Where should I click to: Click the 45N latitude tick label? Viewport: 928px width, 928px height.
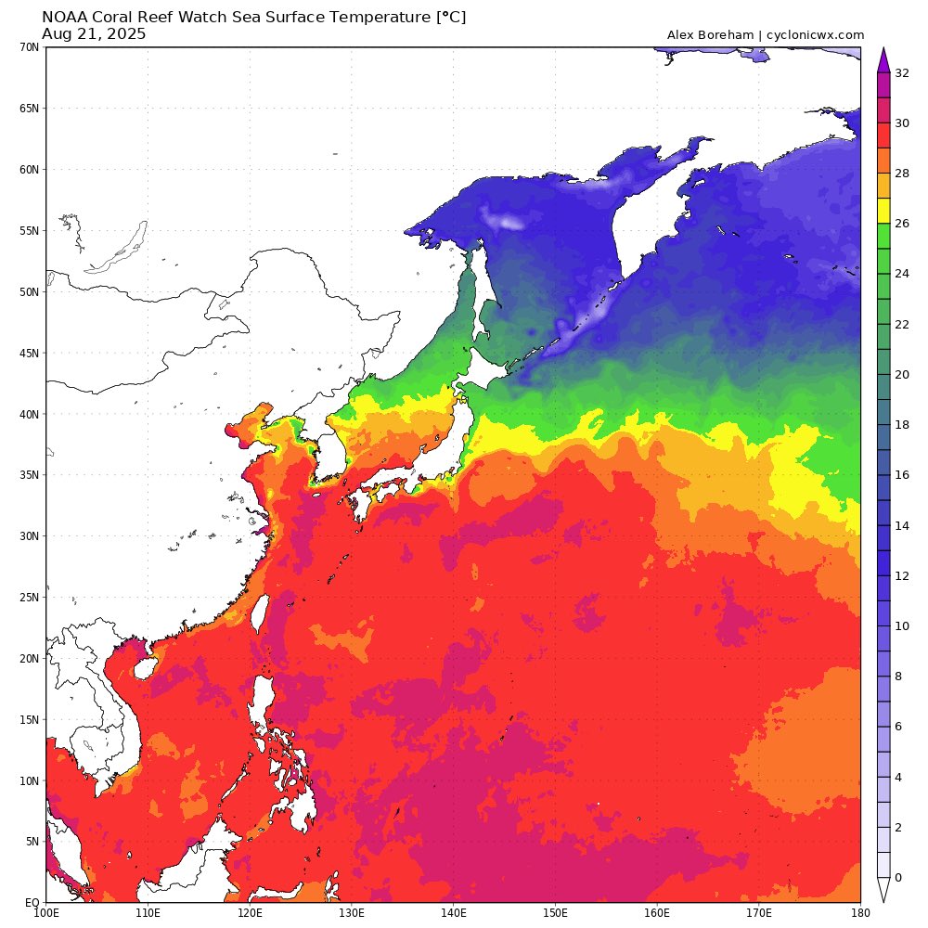point(28,353)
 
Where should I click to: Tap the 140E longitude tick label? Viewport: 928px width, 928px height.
point(453,914)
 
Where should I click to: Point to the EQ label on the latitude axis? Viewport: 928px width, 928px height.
point(31,902)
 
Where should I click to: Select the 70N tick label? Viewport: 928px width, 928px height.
point(28,46)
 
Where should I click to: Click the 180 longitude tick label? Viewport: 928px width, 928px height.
point(859,914)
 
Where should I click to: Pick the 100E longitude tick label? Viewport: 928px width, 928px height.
point(46,914)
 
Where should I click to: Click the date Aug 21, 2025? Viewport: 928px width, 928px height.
point(94,34)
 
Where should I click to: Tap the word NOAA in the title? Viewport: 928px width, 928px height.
point(63,18)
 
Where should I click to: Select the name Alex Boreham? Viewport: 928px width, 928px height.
point(708,35)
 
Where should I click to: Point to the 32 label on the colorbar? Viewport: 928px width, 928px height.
point(902,73)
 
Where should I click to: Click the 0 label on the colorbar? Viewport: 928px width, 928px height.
point(897,877)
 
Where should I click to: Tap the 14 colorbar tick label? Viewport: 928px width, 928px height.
point(902,525)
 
